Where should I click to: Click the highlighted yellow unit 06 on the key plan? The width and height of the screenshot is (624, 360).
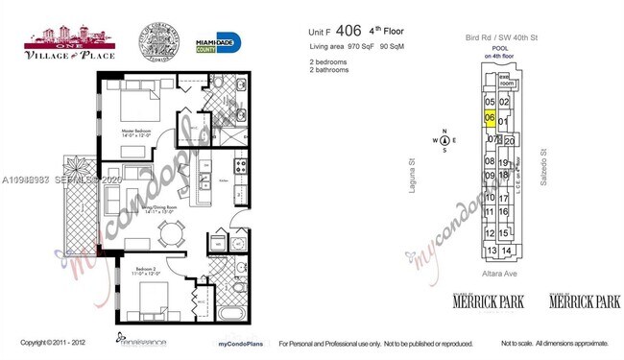pos(490,118)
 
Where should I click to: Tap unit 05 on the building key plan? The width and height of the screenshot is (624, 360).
pos(490,102)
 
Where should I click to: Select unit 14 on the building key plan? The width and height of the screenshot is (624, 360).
pos(507,251)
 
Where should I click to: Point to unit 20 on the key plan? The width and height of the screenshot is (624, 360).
pos(510,140)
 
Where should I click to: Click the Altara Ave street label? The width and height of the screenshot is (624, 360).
pos(499,272)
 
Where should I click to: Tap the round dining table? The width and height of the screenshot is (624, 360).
pos(171,231)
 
